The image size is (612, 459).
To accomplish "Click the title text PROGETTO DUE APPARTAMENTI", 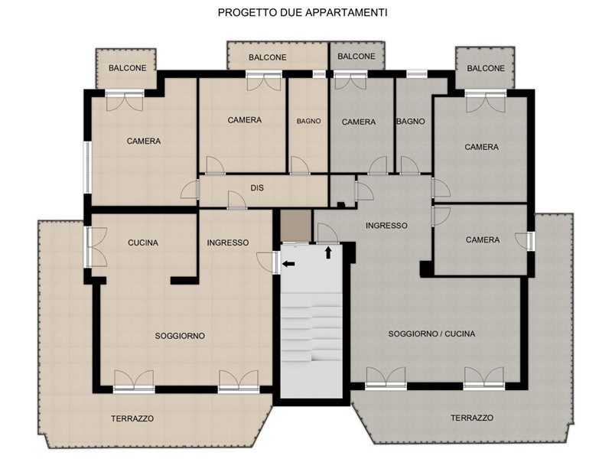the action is (302, 13).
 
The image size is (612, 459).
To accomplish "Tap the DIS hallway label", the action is (257, 188).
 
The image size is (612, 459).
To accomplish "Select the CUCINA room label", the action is (143, 243).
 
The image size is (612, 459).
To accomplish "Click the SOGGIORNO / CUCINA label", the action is (431, 334).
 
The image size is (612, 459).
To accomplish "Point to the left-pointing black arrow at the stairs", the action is (288, 264).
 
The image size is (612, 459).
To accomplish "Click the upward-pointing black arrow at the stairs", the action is (328, 252).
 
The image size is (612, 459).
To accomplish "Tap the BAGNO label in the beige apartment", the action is (309, 122).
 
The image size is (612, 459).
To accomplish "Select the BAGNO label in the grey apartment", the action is (411, 122).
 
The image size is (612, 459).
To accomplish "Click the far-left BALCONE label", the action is (128, 68).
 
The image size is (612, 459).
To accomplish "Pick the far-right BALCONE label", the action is (486, 68).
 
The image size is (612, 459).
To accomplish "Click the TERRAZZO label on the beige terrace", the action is (132, 418).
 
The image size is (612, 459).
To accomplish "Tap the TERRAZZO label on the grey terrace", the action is (472, 418).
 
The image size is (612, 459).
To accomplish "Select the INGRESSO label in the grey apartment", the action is (386, 226).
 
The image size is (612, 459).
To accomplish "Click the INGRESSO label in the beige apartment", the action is (228, 243).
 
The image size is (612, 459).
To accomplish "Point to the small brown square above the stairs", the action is (296, 226).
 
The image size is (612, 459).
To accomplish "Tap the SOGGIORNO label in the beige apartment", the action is (180, 336).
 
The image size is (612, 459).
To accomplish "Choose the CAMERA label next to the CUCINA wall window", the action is (144, 142).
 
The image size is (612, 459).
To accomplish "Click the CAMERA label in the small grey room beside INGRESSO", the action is (483, 239).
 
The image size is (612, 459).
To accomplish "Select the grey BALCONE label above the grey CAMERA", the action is (356, 57).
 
